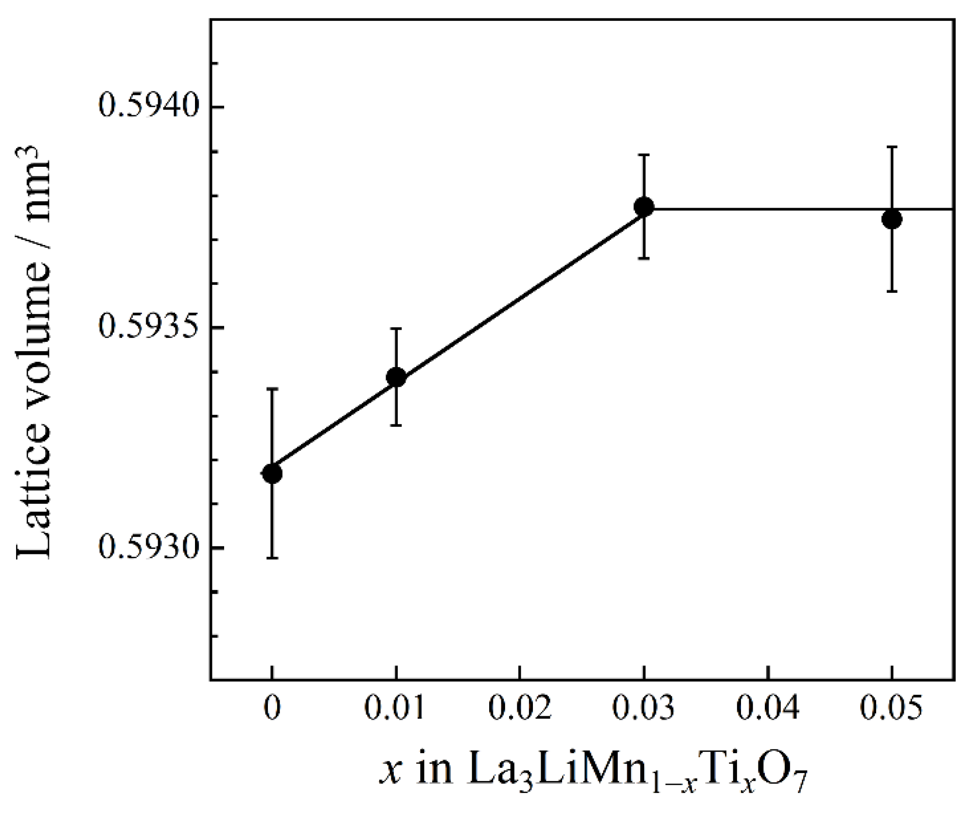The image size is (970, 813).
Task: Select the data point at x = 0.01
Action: click(396, 377)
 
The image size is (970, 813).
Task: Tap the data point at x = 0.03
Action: click(644, 207)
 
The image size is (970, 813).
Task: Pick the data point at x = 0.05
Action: click(892, 219)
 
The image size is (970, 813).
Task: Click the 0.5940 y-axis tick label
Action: click(149, 105)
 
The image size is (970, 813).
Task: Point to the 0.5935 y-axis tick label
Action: click(149, 326)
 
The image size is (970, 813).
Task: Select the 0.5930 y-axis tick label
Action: click(149, 547)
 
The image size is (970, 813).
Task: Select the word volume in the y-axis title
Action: click(34, 340)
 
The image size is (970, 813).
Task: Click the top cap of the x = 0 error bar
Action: click(272, 389)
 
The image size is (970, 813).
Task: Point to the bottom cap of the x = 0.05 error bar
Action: click(892, 291)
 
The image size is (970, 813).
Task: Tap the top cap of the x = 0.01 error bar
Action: click(396, 329)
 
